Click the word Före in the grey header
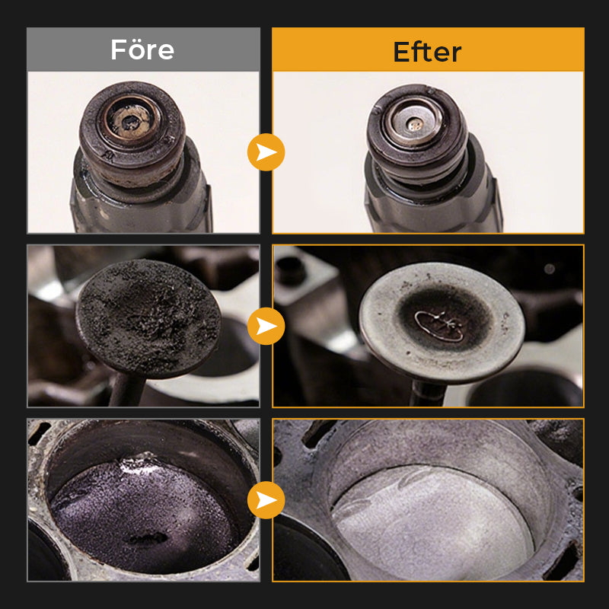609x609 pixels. click(x=142, y=49)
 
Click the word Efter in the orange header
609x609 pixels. click(x=427, y=52)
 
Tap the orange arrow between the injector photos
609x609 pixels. click(x=266, y=152)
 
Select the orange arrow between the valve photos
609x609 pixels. click(x=266, y=326)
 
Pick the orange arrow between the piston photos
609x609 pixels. click(x=266, y=500)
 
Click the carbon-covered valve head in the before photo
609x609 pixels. click(x=148, y=318)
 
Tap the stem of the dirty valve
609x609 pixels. click(x=126, y=391)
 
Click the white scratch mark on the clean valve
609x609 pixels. click(x=440, y=326)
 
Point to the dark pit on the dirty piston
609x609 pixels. click(x=148, y=538)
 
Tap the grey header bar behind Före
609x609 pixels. click(x=143, y=49)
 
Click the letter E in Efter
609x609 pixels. click(x=402, y=52)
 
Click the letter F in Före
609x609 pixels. click(x=117, y=49)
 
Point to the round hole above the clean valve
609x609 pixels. click(x=291, y=270)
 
